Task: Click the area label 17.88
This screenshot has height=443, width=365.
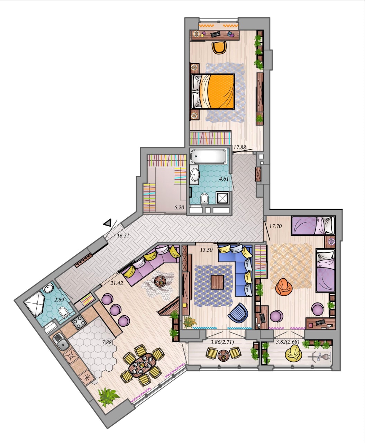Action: (240, 147)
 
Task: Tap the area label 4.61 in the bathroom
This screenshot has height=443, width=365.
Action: (224, 179)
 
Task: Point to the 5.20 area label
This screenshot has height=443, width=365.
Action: (179, 207)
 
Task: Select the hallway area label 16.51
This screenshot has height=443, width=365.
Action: (123, 235)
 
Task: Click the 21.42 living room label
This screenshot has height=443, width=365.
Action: (117, 283)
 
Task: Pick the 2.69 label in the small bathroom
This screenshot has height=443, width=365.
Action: (59, 300)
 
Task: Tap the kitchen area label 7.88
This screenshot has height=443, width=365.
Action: (107, 342)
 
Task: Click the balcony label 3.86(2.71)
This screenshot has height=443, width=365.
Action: (222, 342)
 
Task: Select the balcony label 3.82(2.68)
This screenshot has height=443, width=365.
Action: (288, 342)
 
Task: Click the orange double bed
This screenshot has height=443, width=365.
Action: (213, 91)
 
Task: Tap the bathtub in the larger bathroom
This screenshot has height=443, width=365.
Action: (208, 156)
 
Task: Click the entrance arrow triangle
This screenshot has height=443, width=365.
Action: (108, 223)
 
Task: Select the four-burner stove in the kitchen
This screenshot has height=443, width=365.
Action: (79, 322)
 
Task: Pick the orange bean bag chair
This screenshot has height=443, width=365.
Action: (284, 287)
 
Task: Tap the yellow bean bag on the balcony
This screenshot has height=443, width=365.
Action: (293, 353)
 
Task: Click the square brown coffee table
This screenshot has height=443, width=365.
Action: (217, 282)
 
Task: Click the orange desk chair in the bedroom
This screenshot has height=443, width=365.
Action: (219, 47)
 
